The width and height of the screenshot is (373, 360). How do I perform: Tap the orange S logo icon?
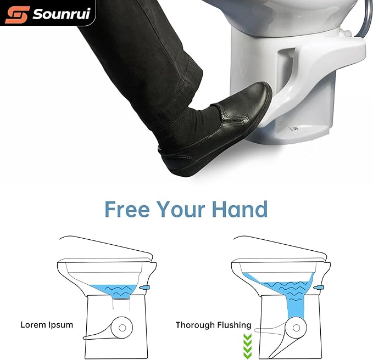16,14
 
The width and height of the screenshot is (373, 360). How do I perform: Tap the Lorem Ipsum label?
47,325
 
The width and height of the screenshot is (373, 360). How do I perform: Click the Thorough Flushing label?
213,325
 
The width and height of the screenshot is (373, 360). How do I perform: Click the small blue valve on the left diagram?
145,288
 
